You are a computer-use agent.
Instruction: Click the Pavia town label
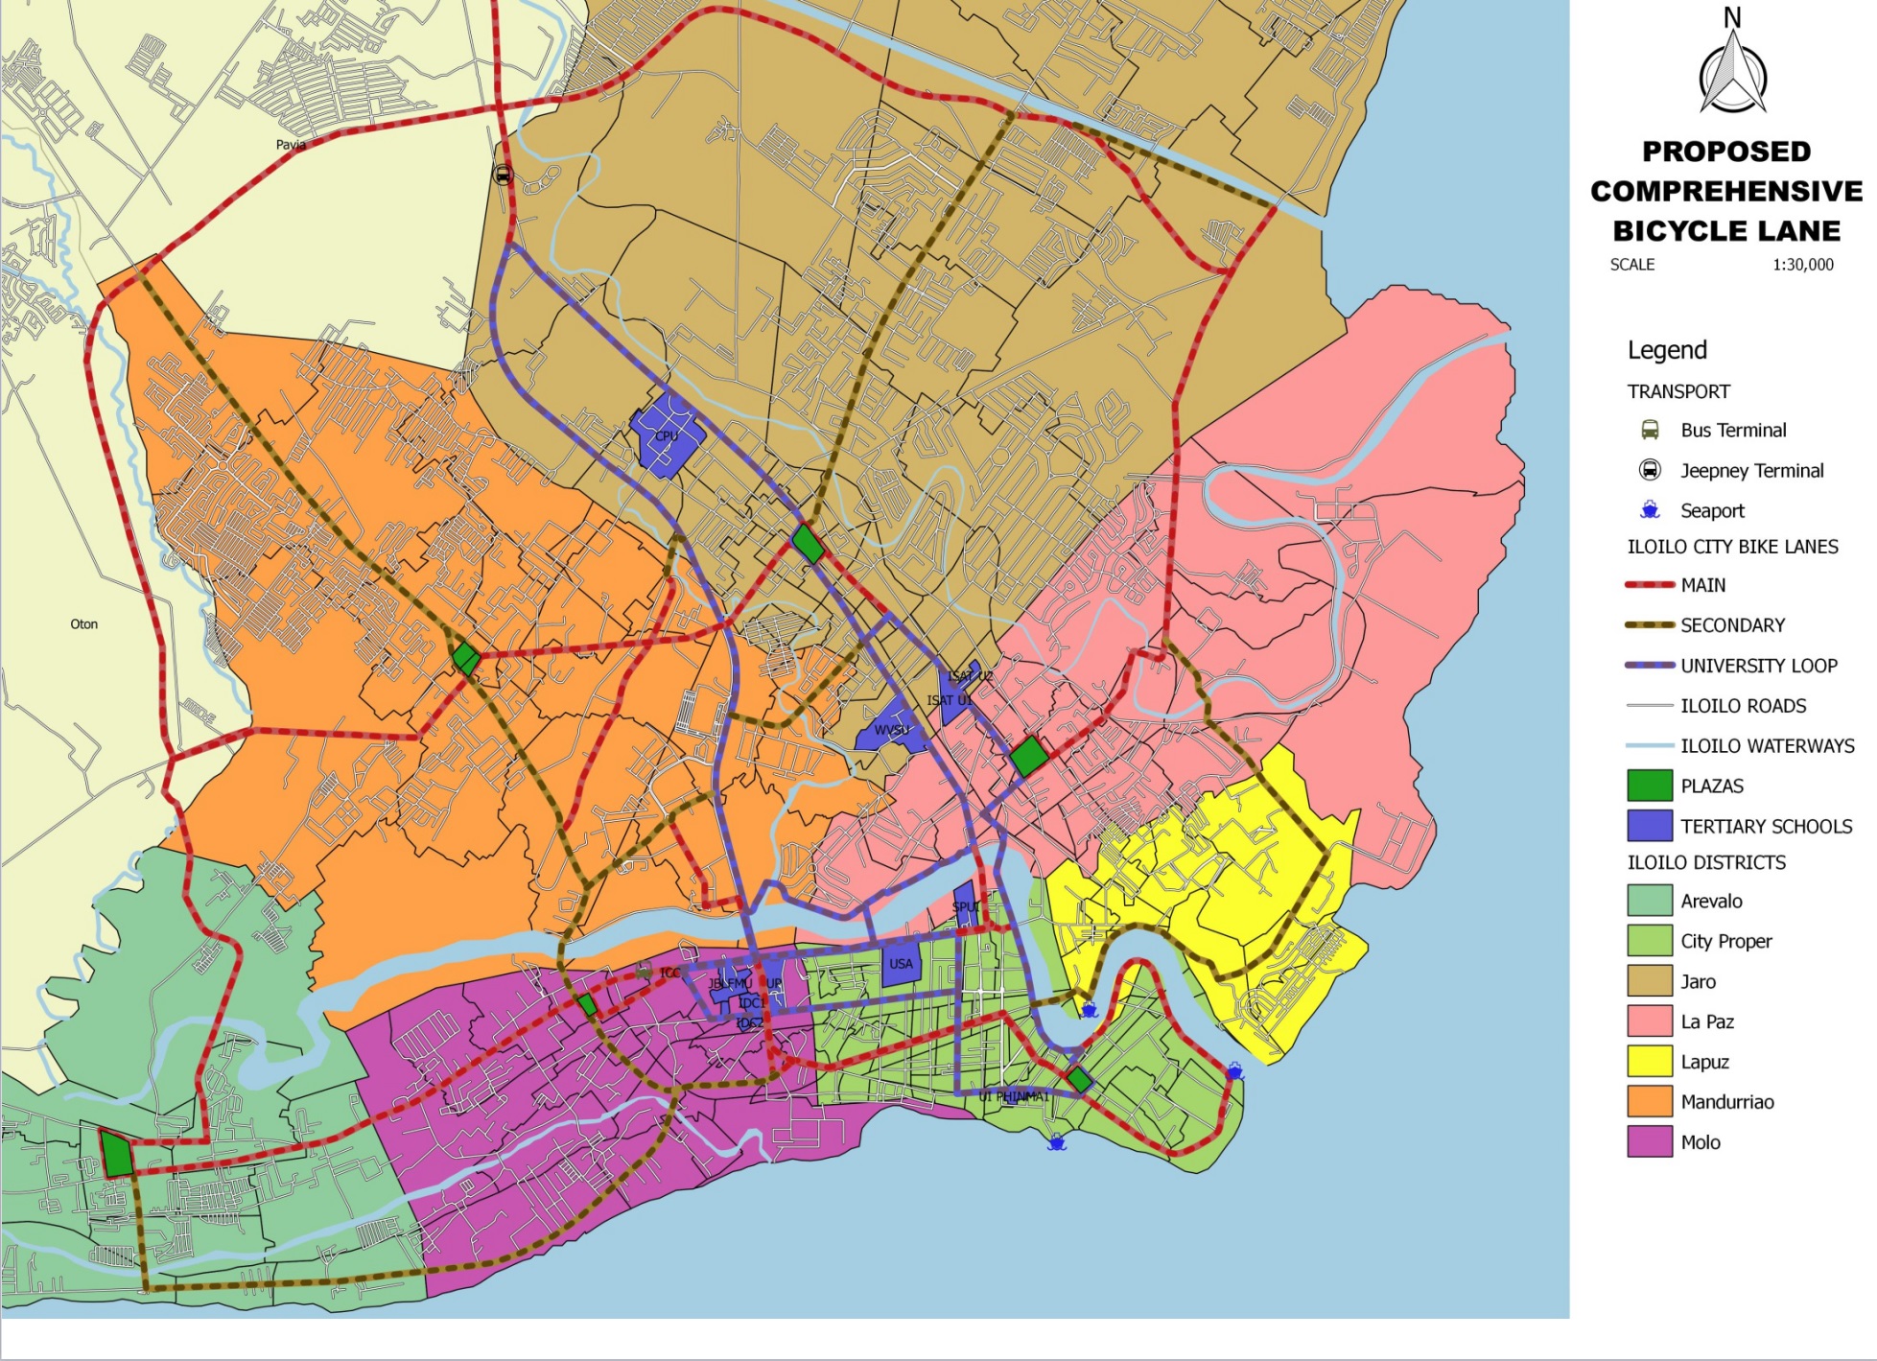(x=291, y=145)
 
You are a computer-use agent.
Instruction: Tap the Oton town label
(x=84, y=624)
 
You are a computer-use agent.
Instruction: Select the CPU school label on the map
(x=667, y=436)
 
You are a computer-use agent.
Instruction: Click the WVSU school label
(x=891, y=731)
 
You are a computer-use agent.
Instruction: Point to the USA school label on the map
(x=901, y=964)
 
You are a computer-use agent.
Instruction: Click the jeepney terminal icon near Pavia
(x=503, y=175)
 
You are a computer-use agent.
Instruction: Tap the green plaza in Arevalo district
(x=117, y=1153)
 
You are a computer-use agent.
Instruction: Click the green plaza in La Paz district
(x=1028, y=756)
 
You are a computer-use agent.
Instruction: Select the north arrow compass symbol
(x=1732, y=72)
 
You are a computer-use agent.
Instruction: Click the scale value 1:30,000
(x=1802, y=265)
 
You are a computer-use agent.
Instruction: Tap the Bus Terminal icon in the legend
(x=1650, y=430)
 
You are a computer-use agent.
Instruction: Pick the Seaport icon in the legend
(x=1650, y=510)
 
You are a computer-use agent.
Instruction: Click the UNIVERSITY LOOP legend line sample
(x=1650, y=666)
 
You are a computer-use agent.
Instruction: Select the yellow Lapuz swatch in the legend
(x=1650, y=1062)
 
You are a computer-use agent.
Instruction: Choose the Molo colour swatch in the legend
(x=1650, y=1142)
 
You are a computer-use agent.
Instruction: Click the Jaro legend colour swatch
(x=1650, y=981)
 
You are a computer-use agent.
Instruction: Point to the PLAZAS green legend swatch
(x=1650, y=786)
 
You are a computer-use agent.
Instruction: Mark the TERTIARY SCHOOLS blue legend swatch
(x=1650, y=826)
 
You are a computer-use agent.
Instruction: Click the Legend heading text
(x=1667, y=350)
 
